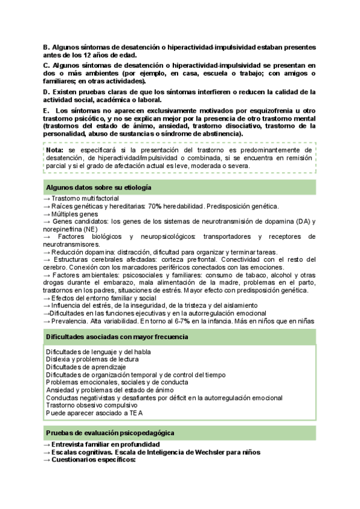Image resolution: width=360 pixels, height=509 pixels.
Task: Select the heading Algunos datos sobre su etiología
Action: click(x=98, y=188)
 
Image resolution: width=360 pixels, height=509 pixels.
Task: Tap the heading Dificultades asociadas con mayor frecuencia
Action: click(x=117, y=337)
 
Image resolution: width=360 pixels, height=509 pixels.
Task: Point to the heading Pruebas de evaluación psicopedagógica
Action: click(x=110, y=432)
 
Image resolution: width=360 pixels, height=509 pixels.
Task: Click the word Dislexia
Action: click(x=59, y=360)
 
